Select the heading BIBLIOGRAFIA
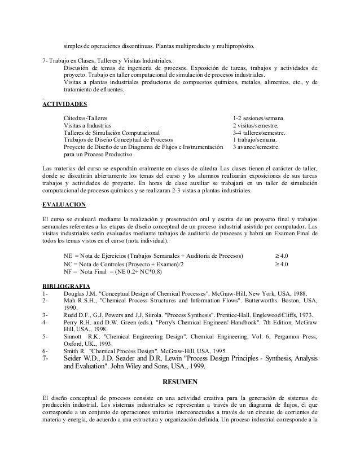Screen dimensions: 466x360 click(67, 285)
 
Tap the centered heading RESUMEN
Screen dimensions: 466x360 click(179, 382)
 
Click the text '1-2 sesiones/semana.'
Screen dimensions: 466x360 click(259, 118)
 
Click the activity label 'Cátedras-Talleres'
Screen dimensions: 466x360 click(87, 118)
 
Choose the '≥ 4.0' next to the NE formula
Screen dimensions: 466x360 click(280, 256)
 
